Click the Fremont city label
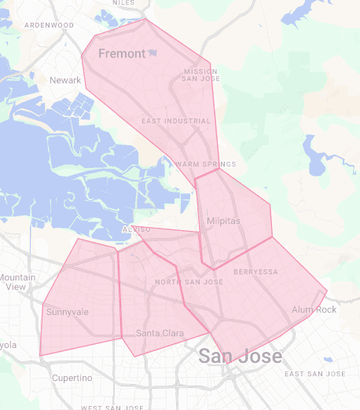(122, 53)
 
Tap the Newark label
(65, 80)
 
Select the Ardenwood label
(49, 25)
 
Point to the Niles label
(123, 3)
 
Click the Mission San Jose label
(200, 75)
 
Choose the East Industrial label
(176, 121)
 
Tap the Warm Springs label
(205, 164)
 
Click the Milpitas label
(223, 221)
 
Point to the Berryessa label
(255, 272)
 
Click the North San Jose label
(189, 282)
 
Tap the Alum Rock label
(314, 309)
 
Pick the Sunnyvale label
(68, 312)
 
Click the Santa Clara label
(160, 334)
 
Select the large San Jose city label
(240, 356)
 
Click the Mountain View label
(17, 282)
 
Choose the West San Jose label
(112, 407)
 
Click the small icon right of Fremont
(152, 53)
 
